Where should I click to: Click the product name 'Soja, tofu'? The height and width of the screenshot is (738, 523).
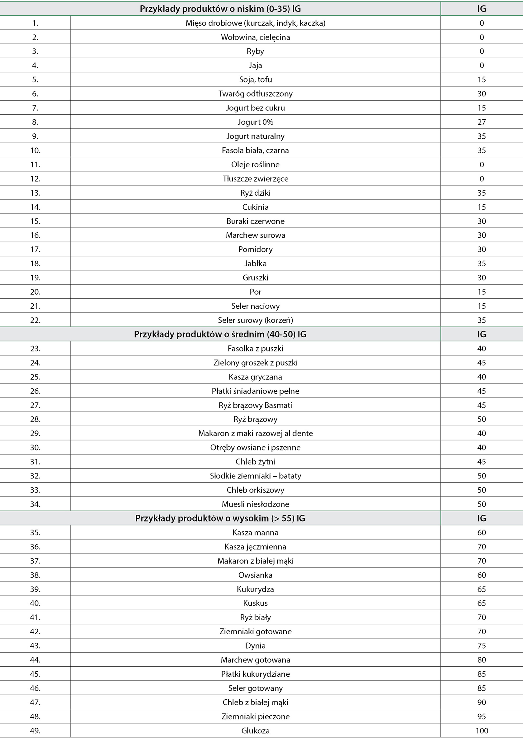click(x=255, y=79)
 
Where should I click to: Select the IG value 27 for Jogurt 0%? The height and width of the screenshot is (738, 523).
click(x=482, y=122)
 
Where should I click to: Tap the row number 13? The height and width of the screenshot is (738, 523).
click(x=35, y=193)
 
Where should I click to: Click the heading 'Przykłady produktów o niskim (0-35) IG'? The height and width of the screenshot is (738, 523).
click(x=220, y=9)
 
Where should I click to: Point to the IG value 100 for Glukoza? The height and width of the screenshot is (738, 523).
click(x=482, y=731)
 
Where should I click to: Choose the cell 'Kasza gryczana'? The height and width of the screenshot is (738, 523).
click(x=255, y=377)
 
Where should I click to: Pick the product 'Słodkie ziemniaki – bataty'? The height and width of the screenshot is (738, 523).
click(x=255, y=476)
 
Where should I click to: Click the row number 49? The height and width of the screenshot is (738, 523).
click(x=35, y=731)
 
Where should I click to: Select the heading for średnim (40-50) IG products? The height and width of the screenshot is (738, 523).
click(x=220, y=334)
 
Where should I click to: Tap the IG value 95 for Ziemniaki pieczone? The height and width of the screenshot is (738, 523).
click(x=482, y=717)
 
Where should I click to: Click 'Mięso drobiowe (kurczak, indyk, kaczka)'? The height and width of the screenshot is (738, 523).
click(x=255, y=23)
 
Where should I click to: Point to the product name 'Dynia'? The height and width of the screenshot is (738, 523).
click(x=255, y=645)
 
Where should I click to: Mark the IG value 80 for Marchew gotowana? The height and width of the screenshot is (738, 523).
click(x=482, y=660)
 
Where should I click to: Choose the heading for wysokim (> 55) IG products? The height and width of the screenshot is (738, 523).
click(x=220, y=518)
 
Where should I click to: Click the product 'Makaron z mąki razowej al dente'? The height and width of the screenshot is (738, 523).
click(x=255, y=433)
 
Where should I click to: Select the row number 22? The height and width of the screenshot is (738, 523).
click(x=35, y=320)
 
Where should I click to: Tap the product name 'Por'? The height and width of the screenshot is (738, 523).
click(x=255, y=292)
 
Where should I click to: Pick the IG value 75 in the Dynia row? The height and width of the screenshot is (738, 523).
click(x=482, y=645)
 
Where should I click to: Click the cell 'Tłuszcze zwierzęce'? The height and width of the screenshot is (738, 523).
click(x=255, y=179)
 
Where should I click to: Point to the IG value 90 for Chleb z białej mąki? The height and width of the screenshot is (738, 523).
click(x=482, y=702)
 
